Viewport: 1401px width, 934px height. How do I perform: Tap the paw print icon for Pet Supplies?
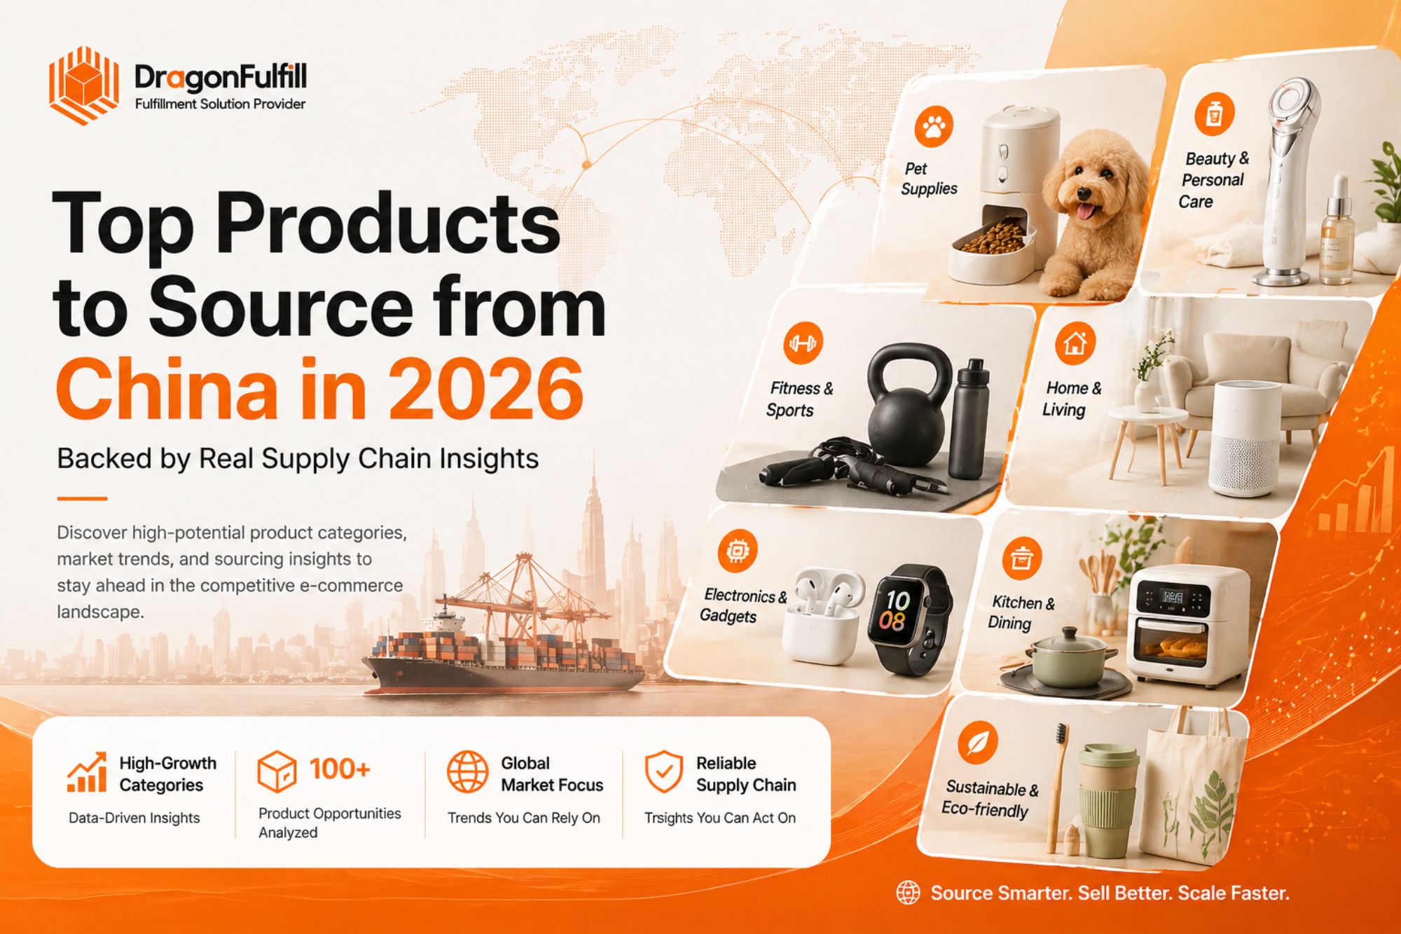click(x=934, y=127)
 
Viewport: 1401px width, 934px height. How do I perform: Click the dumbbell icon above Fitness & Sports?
click(x=803, y=343)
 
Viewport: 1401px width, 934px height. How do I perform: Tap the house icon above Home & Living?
click(x=1075, y=343)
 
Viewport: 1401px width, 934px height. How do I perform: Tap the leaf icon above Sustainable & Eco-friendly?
click(x=977, y=742)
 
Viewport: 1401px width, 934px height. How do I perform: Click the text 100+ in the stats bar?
click(x=340, y=769)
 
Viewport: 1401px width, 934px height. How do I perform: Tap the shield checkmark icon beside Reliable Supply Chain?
click(x=663, y=772)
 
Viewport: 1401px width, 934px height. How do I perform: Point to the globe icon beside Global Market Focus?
click(x=467, y=772)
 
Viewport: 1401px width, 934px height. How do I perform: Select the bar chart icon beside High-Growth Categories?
click(x=88, y=773)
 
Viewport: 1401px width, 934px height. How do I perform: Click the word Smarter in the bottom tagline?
click(x=1026, y=893)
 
